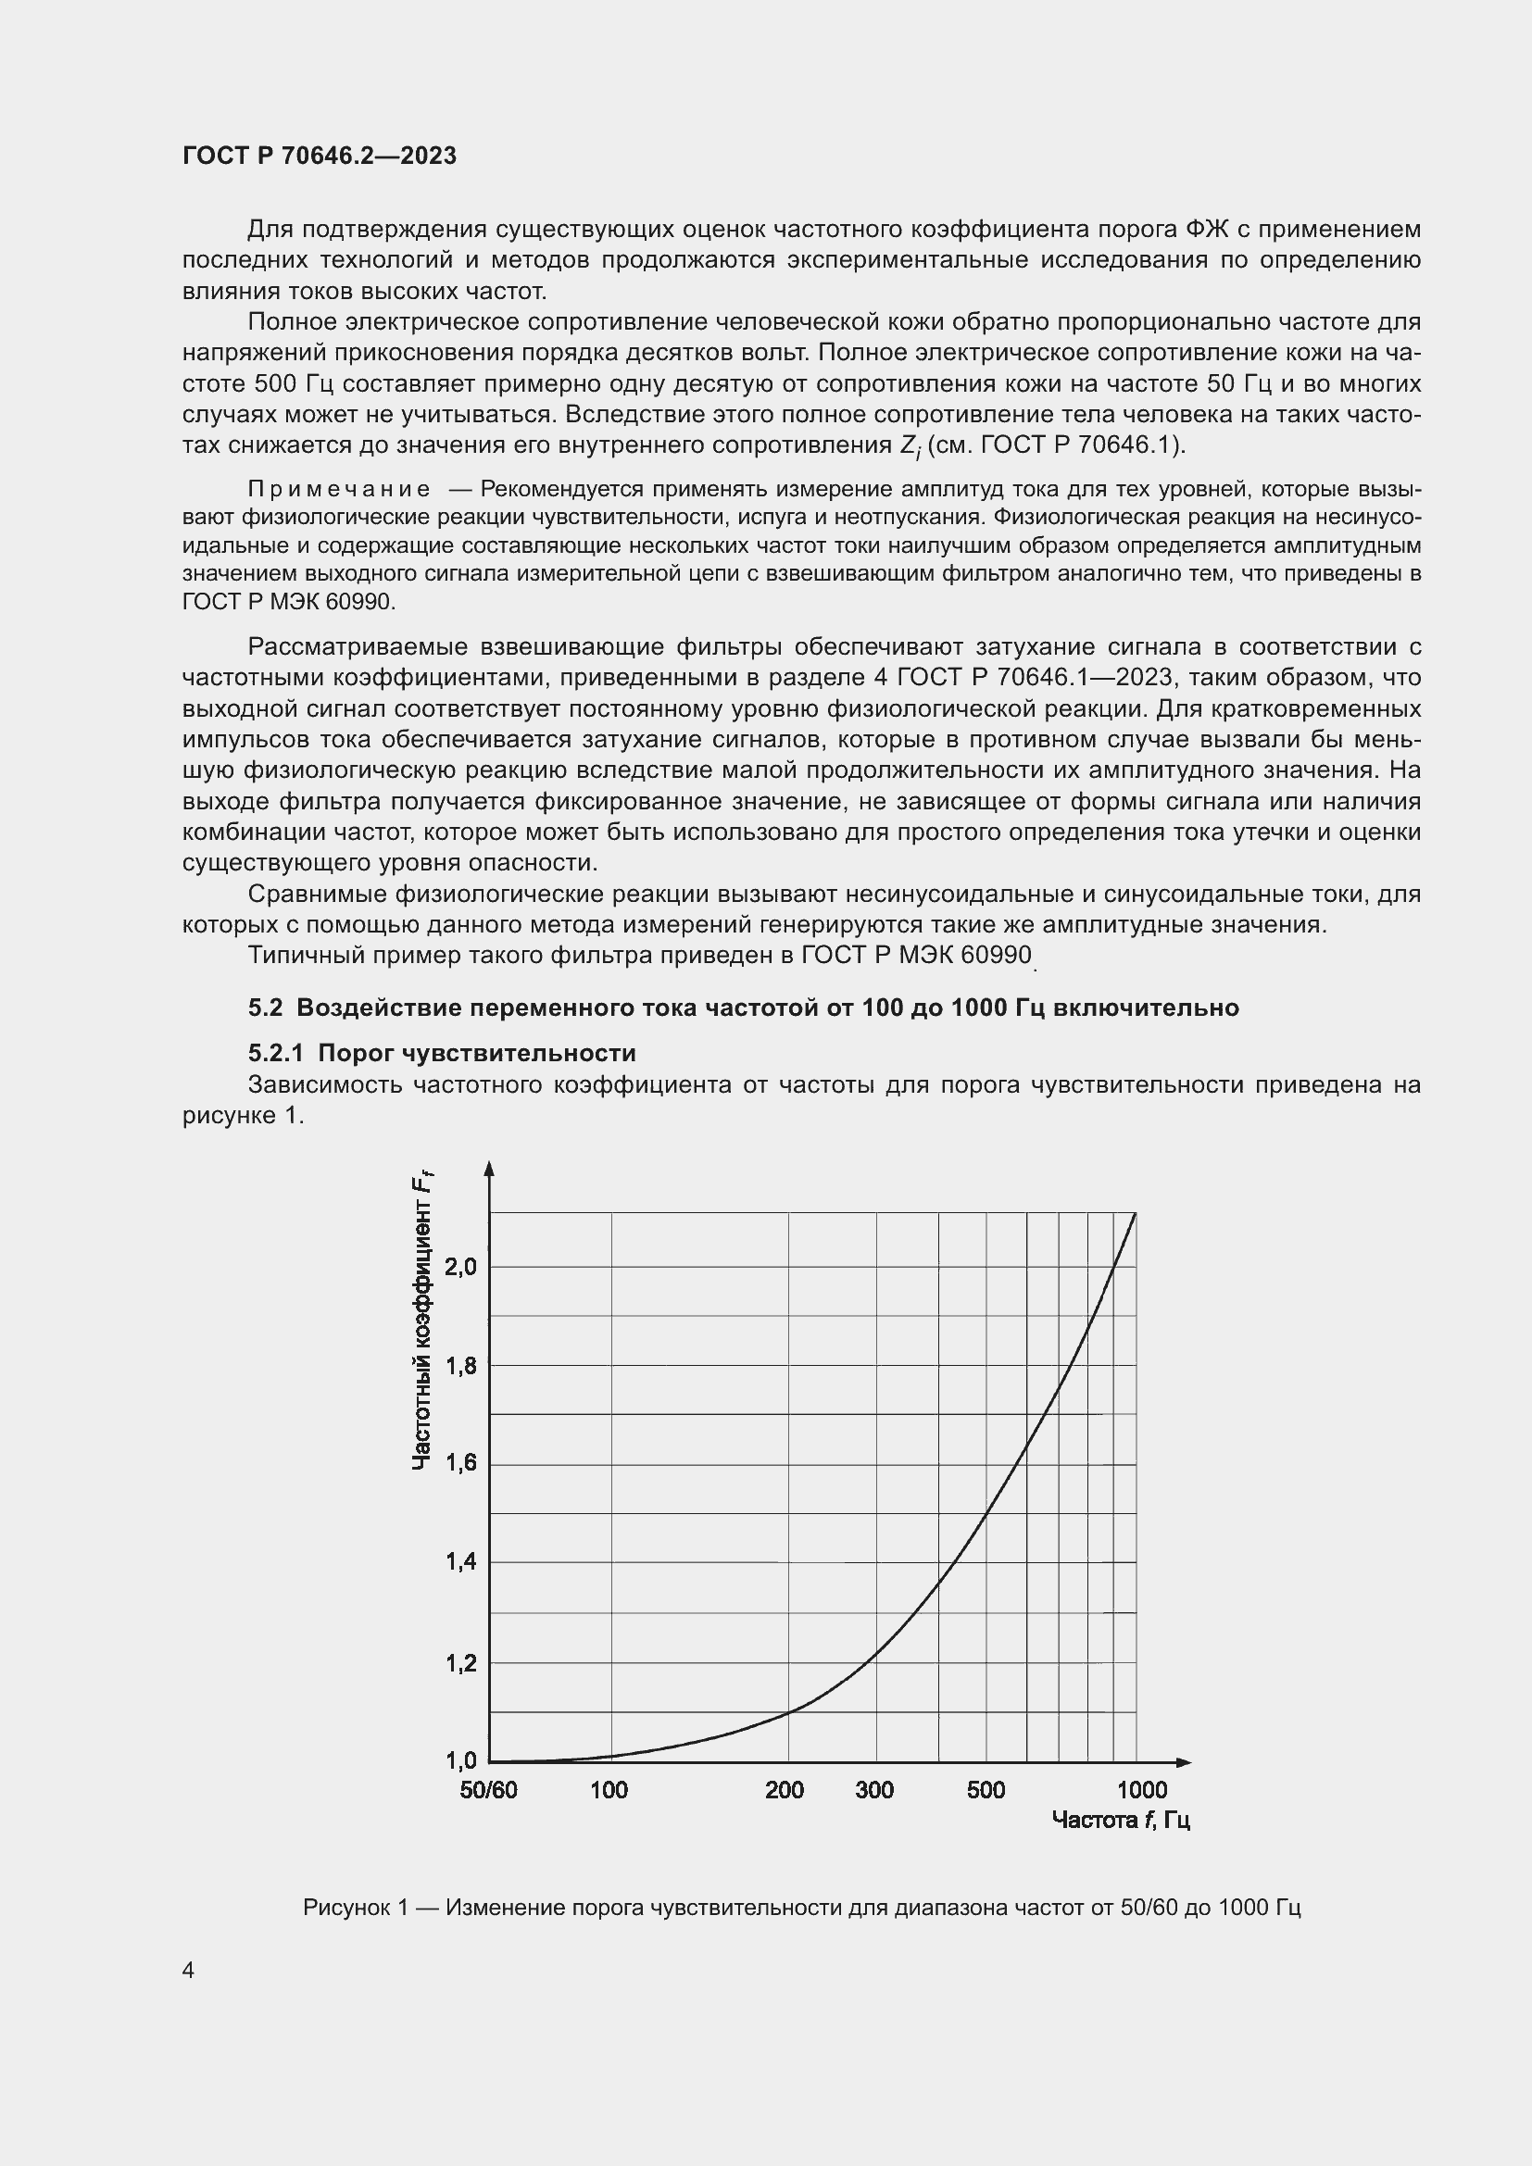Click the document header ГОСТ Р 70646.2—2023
pos(319,156)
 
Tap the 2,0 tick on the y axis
pos(461,1267)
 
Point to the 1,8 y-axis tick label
pos(461,1365)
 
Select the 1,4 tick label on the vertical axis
pos(461,1562)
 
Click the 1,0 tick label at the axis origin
pos(461,1760)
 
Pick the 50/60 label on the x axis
pos(489,1791)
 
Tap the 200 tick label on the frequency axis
pos(785,1791)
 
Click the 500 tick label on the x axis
pos(986,1791)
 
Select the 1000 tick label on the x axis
pos(1142,1791)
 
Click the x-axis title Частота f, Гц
pos(1121,1820)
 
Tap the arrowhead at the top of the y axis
pos(489,1169)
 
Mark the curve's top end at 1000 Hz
pos(1136,1213)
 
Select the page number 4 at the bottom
pos(188,1971)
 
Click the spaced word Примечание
pos(339,489)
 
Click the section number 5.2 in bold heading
pos(265,1008)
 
